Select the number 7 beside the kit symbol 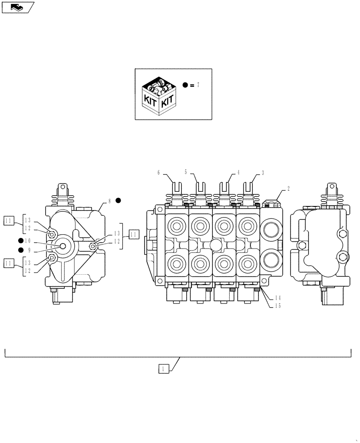[x=198, y=85]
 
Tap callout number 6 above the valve [x=158, y=173]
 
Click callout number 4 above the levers [x=238, y=172]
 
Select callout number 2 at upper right [x=288, y=188]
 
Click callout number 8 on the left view [x=109, y=201]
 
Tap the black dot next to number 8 [x=118, y=200]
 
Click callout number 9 [x=28, y=250]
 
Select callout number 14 [x=278, y=298]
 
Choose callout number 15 [x=278, y=306]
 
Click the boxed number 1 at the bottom [x=164, y=368]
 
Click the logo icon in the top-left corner [x=18, y=7]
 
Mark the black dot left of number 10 [x=21, y=241]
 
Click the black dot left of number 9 [x=21, y=250]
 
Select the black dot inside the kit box [x=185, y=85]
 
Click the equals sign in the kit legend [x=192, y=85]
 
